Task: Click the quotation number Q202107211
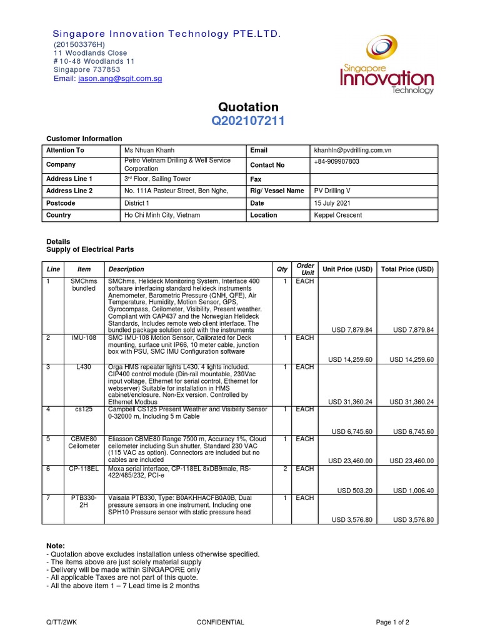tap(248, 121)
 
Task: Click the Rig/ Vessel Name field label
tap(277, 191)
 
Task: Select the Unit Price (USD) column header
tap(347, 269)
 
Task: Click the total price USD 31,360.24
tap(411, 402)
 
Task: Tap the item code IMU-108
tap(83, 337)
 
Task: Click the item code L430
tap(83, 367)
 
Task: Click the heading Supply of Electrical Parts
tap(91, 249)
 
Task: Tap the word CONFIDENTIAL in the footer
tap(220, 622)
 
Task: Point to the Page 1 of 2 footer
tap(392, 622)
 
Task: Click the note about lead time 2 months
tap(123, 586)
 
